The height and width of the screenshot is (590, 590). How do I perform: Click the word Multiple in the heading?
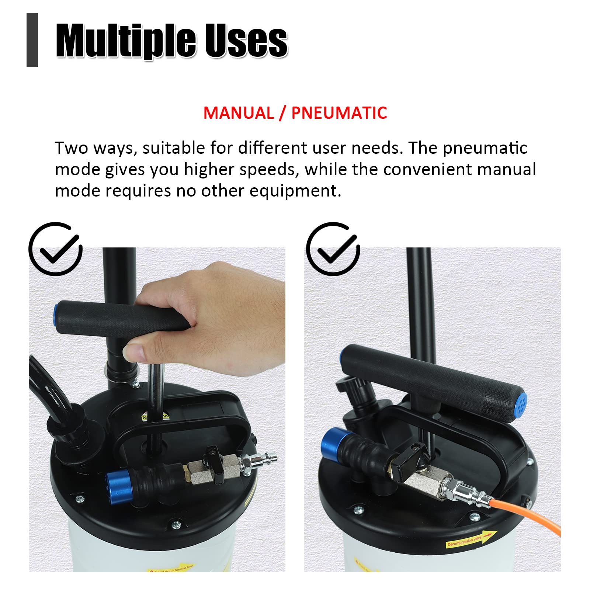pyautogui.click(x=125, y=41)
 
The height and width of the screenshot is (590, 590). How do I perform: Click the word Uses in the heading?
pyautogui.click(x=246, y=41)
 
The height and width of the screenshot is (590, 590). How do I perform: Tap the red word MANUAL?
pyautogui.click(x=239, y=113)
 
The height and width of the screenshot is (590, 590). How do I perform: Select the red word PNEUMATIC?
pyautogui.click(x=339, y=113)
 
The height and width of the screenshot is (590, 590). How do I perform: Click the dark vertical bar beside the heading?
pyautogui.click(x=32, y=40)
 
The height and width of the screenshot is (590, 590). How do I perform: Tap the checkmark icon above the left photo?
pyautogui.click(x=55, y=249)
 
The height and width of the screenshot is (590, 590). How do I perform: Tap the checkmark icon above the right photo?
pyautogui.click(x=333, y=249)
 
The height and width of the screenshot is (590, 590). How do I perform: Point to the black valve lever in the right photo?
pyautogui.click(x=407, y=459)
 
